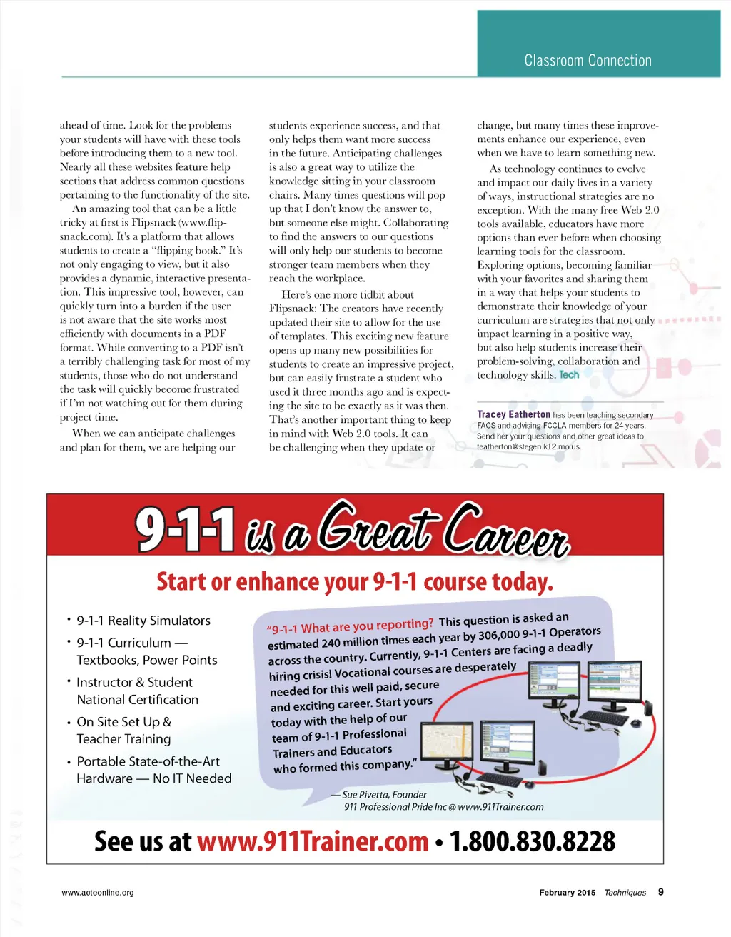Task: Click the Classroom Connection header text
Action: [588, 61]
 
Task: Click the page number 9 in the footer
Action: [661, 892]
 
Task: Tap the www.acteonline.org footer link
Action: [98, 893]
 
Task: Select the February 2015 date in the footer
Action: [567, 893]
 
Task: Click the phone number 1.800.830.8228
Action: [532, 841]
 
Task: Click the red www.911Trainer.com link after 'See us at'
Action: [313, 841]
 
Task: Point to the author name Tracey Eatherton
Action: [513, 414]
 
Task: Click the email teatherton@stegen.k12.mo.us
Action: [529, 446]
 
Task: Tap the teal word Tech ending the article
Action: [569, 375]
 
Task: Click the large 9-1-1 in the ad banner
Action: [186, 531]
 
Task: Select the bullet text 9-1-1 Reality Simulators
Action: [143, 621]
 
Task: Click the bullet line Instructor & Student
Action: [134, 682]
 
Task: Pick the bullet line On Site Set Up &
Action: [123, 722]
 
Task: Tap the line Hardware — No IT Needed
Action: [154, 778]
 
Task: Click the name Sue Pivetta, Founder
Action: [384, 795]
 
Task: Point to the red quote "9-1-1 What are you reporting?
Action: [350, 626]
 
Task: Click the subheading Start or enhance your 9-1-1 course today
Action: [355, 582]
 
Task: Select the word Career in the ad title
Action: [505, 532]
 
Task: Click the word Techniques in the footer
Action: [625, 893]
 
